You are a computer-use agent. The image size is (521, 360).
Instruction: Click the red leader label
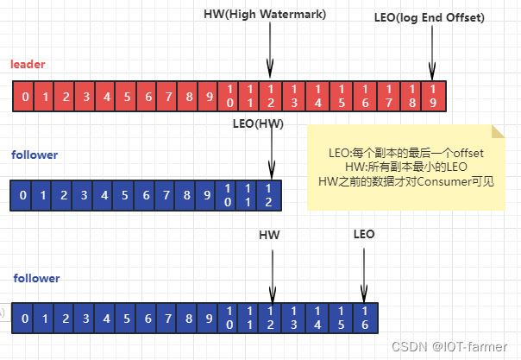pyautogui.click(x=28, y=65)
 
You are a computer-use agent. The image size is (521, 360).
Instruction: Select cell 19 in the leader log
pyautogui.click(x=432, y=96)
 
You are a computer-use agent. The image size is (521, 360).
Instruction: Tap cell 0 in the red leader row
pyautogui.click(x=26, y=96)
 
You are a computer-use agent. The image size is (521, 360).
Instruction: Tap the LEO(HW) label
pyautogui.click(x=258, y=123)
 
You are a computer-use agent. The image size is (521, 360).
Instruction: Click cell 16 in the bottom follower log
pyautogui.click(x=364, y=317)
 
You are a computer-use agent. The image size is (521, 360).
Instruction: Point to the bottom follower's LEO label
pyautogui.click(x=364, y=234)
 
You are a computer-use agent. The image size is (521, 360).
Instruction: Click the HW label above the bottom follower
pyautogui.click(x=269, y=234)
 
